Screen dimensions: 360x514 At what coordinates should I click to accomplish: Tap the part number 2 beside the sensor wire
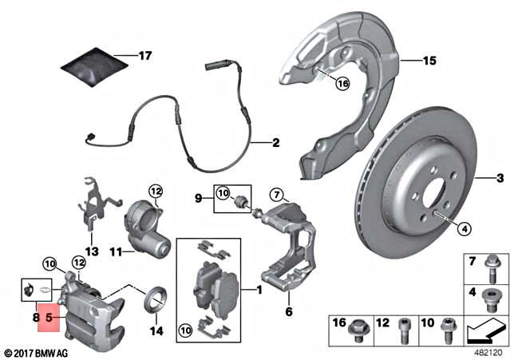(275, 144)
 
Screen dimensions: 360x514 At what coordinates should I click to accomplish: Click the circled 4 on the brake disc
(463, 230)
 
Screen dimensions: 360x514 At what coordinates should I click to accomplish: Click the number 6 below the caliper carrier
(290, 313)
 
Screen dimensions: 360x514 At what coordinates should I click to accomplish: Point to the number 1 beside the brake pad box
(259, 289)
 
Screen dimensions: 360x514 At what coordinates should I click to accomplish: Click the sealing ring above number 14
(154, 300)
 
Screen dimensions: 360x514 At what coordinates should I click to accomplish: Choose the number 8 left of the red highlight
(34, 317)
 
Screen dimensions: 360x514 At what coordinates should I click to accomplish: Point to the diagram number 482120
(486, 352)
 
